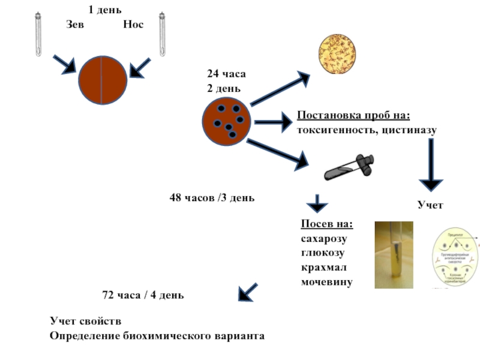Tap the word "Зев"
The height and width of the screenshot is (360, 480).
click(75, 25)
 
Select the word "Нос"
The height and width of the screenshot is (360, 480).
click(133, 25)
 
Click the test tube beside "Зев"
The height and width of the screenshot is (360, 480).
click(39, 35)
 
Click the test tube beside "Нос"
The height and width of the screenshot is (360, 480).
click(162, 35)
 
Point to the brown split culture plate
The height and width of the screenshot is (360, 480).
click(102, 80)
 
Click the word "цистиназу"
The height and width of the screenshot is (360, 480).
click(409, 129)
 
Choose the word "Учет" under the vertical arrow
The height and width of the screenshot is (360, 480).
click(430, 205)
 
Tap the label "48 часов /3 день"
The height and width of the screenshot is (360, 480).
click(212, 197)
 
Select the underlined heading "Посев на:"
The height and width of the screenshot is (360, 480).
click(327, 224)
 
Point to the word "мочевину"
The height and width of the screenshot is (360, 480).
click(326, 281)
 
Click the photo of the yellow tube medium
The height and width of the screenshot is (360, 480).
click(394, 254)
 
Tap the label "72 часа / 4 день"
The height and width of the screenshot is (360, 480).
click(143, 295)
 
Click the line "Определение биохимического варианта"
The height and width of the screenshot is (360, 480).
click(157, 335)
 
